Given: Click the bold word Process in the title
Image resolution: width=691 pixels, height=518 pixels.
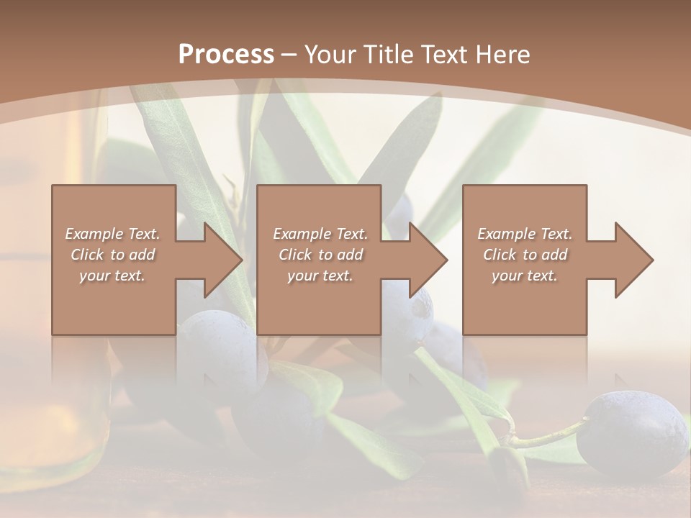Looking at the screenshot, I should [226, 54].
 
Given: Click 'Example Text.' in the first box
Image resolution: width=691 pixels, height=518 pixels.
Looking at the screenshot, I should [112, 234].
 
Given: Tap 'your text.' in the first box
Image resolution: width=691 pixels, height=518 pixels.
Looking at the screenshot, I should [112, 276].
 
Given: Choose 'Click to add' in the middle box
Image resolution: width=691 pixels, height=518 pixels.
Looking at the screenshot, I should [320, 255].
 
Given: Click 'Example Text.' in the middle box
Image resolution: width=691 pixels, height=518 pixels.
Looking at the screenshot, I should [320, 234].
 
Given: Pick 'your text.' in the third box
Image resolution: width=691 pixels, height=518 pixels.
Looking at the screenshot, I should [525, 276].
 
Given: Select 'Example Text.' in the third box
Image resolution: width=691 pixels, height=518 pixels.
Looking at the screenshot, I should [525, 234].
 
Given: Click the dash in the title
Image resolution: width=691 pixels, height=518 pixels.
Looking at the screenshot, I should [289, 54].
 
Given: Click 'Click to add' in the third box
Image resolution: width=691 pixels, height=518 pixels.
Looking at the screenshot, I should [525, 255].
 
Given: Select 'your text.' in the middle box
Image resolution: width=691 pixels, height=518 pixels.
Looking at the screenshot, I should [320, 276].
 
